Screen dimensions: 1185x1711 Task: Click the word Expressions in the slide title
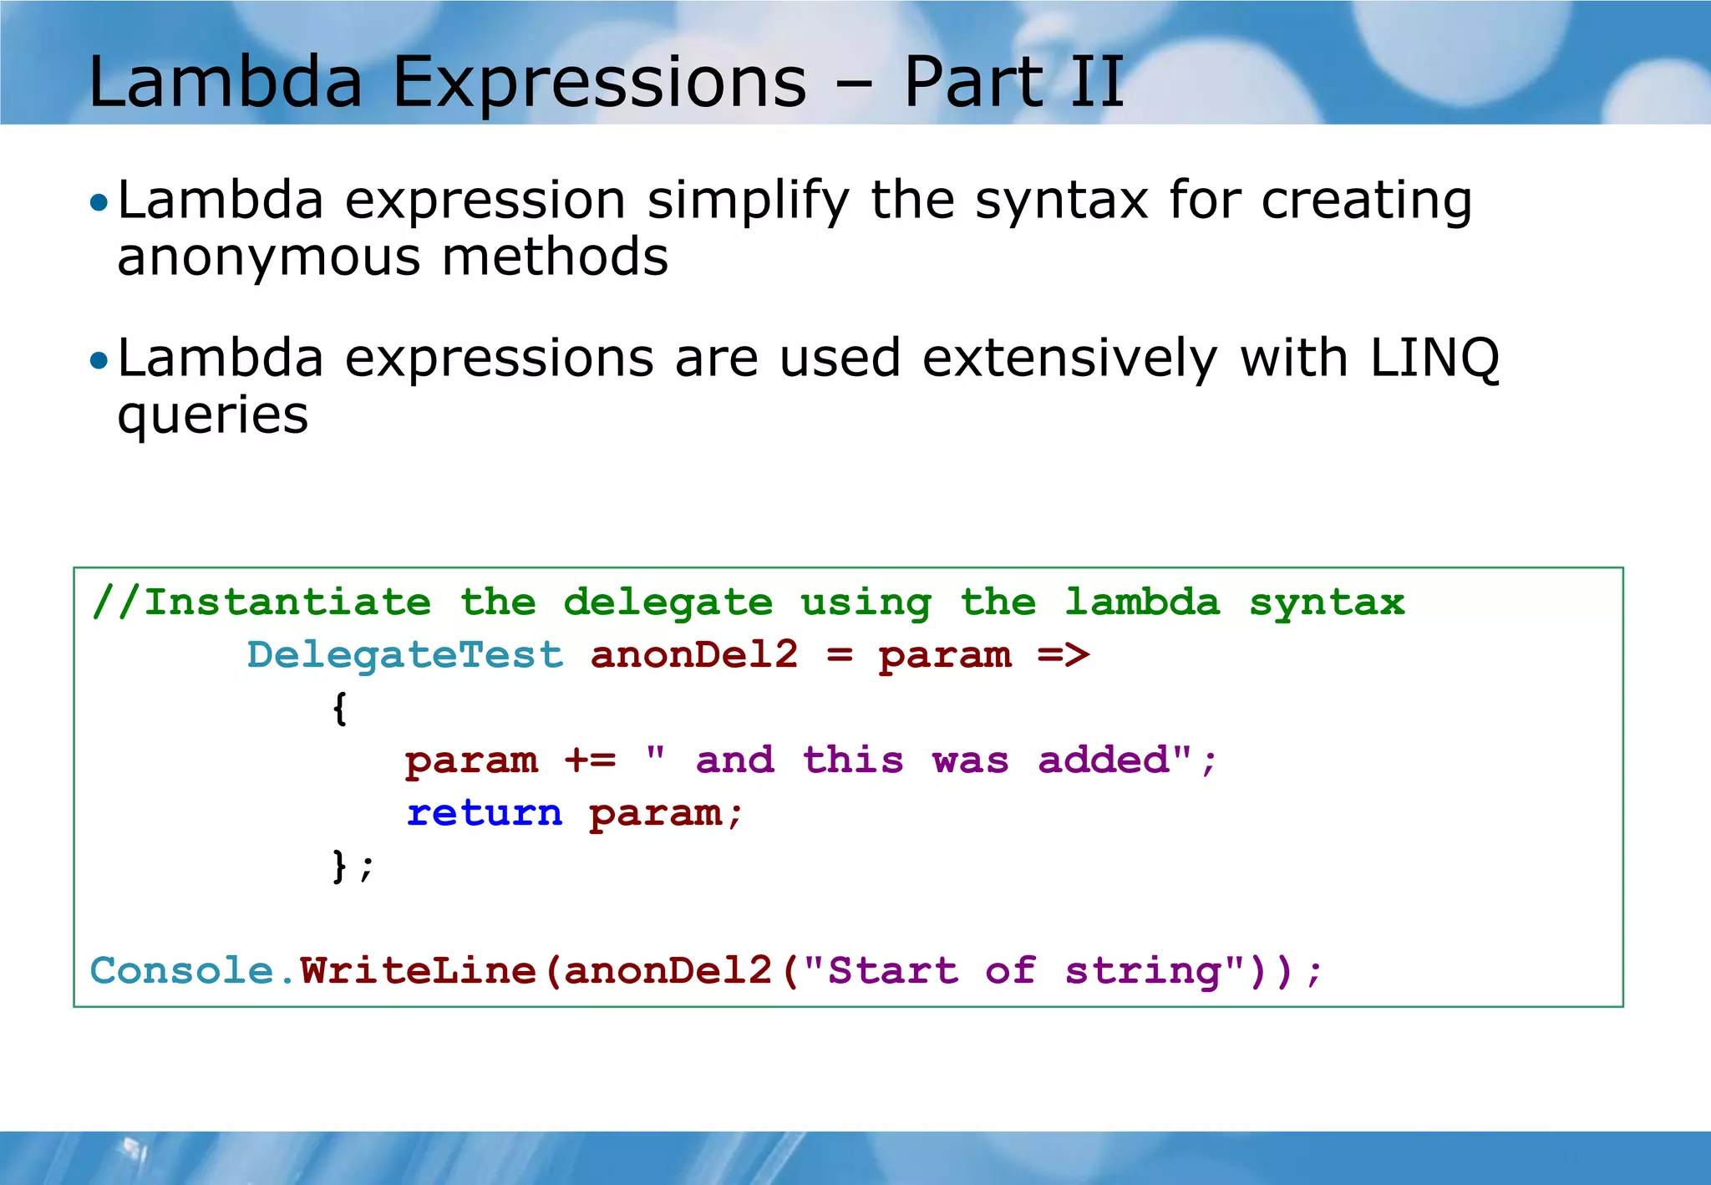(x=599, y=83)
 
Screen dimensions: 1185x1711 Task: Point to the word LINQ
(x=1434, y=359)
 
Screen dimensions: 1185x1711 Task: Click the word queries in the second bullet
(x=212, y=415)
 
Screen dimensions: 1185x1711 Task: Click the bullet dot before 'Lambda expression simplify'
(x=99, y=202)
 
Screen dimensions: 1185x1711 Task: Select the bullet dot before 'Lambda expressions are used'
(x=99, y=360)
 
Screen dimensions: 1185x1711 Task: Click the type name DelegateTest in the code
(x=405, y=655)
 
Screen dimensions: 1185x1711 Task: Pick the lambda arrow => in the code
(x=1064, y=655)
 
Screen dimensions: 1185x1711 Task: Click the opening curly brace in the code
(x=339, y=709)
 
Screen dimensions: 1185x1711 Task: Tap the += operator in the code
(x=590, y=760)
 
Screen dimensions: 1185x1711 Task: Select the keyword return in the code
(x=485, y=813)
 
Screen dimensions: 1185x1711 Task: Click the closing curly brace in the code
(x=339, y=866)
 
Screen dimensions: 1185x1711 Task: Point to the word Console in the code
(x=182, y=971)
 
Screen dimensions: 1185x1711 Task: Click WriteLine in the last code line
(x=418, y=971)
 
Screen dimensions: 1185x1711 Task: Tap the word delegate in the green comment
(x=668, y=603)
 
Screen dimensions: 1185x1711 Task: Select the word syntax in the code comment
(x=1327, y=603)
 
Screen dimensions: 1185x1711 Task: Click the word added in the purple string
(x=1104, y=760)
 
